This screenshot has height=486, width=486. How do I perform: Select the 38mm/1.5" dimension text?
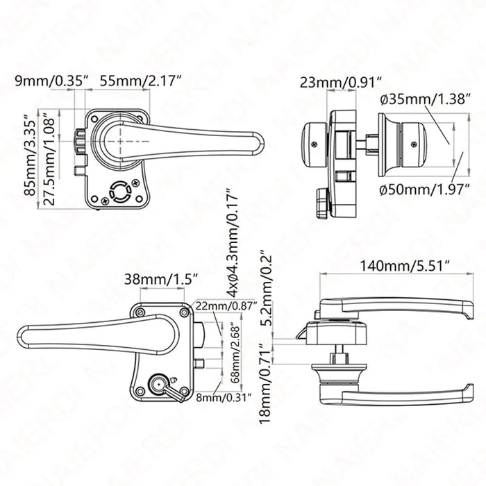[160, 279]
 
